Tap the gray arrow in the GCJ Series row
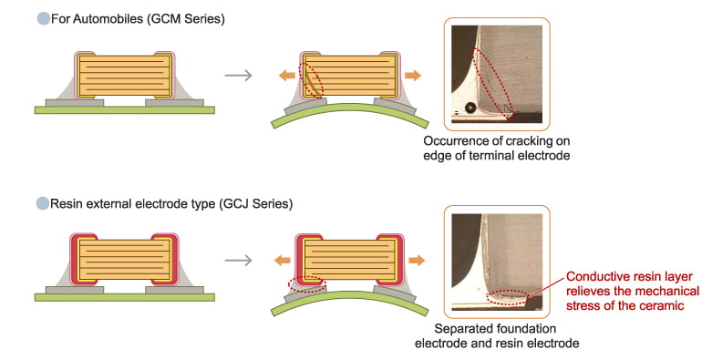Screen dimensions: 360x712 238,261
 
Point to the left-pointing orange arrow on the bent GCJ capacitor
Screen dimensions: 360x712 284,261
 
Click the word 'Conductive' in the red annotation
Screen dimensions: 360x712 598,275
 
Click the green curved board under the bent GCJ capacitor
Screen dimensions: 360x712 346,306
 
